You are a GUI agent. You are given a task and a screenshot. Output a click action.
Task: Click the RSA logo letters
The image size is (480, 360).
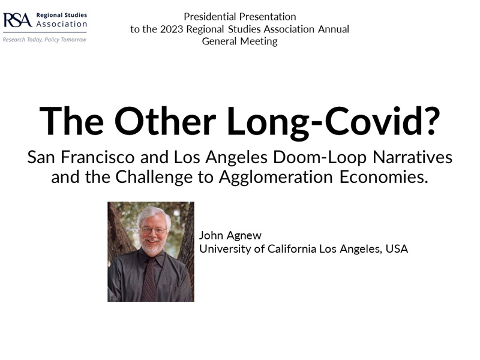point(17,20)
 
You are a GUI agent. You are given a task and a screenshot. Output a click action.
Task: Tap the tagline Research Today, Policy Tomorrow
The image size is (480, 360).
point(44,40)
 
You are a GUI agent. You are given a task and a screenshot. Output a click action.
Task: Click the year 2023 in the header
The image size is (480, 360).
point(172,29)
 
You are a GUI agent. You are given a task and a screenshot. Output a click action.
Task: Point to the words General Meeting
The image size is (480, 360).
point(239,41)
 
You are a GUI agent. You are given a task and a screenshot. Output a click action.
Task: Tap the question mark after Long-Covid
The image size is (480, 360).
point(431,120)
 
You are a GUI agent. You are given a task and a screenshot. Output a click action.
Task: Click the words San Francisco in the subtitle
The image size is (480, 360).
point(81,157)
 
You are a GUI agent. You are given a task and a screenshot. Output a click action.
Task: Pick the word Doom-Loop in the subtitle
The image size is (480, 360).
point(320,158)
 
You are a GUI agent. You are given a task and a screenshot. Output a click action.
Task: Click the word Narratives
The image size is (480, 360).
point(412,157)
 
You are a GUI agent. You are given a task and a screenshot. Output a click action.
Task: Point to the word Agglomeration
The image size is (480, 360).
point(275,178)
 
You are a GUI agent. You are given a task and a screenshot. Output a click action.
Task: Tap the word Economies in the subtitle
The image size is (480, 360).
point(383,177)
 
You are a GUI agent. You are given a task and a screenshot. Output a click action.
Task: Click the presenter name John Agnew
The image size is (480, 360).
point(230,235)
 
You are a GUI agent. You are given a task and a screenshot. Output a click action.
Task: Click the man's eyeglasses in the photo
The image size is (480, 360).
point(153,230)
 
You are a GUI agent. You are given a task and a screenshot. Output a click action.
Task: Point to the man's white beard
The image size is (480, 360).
point(152,245)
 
